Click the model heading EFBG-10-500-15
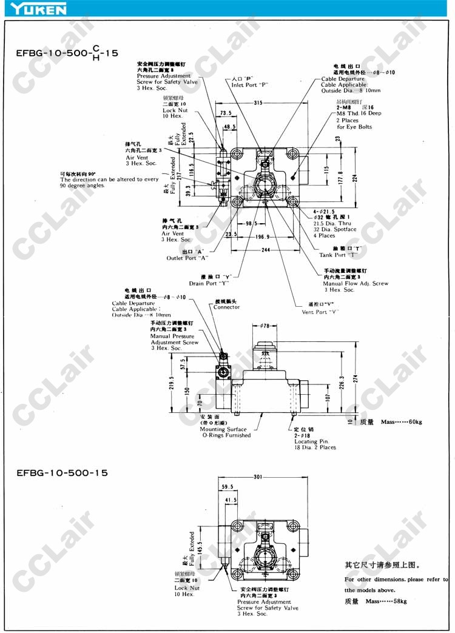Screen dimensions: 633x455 point(62,472)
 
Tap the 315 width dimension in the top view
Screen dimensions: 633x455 point(258,103)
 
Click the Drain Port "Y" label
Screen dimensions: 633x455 point(212,283)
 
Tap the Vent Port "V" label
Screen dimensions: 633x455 point(320,312)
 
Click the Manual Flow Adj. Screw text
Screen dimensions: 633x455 point(356,283)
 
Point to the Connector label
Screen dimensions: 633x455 point(226,307)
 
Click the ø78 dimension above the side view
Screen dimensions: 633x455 point(265,326)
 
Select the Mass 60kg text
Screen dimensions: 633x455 point(401,422)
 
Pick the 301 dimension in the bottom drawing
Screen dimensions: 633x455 point(258,477)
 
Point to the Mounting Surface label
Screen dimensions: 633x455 point(224,429)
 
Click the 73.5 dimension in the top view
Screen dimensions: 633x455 point(226,113)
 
